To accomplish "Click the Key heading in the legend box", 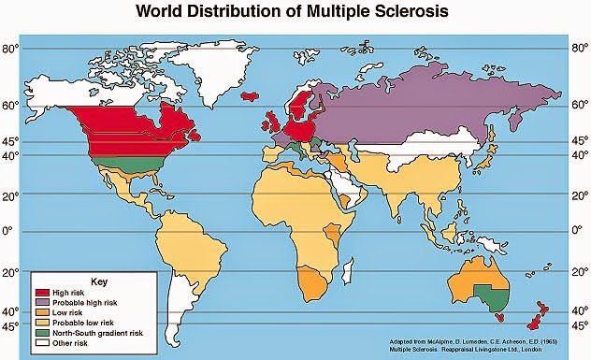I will pyautogui.click(x=92, y=280).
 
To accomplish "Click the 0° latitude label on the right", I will pyautogui.click(x=578, y=230).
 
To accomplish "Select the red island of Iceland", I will pyautogui.click(x=250, y=94).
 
